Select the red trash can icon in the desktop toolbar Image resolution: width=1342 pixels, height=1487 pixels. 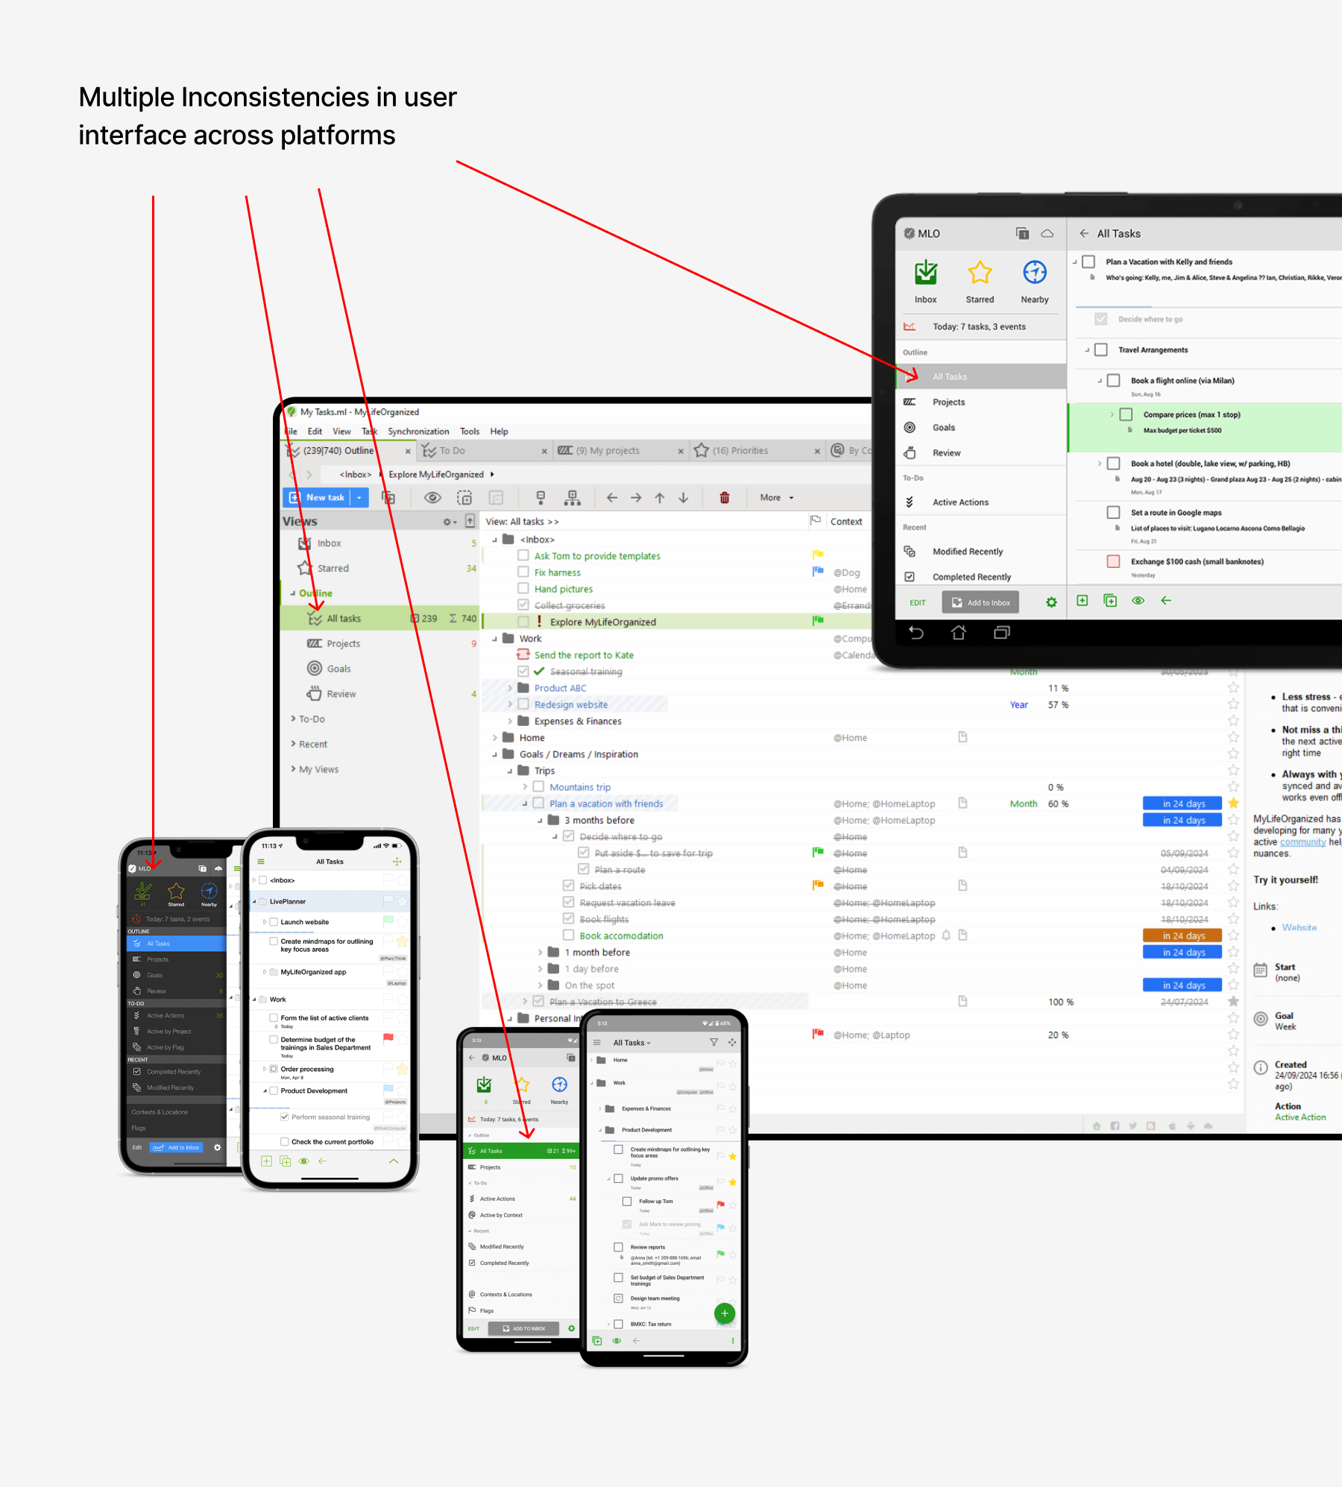pos(724,498)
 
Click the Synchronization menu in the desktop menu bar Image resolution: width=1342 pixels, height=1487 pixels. pos(418,432)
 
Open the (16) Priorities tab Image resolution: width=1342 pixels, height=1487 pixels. pos(740,451)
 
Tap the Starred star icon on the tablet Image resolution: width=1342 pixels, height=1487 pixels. pos(979,274)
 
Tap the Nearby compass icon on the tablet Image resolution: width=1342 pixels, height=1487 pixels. pos(1034,274)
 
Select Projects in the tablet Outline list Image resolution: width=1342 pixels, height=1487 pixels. pos(948,402)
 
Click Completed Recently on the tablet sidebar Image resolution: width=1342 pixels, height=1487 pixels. pos(971,577)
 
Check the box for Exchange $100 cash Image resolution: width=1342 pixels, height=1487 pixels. pos(1113,562)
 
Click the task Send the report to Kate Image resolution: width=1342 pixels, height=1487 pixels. pos(584,655)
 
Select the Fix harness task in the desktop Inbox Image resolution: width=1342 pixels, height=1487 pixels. pos(557,572)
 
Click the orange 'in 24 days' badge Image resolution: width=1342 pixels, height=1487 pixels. pos(1182,936)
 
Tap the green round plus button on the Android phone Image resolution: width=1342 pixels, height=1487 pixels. pos(724,1313)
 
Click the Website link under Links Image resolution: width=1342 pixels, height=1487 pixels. pos(1299,928)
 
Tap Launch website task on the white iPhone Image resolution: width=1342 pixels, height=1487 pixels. pos(304,922)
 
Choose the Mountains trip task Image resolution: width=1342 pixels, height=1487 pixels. pos(579,787)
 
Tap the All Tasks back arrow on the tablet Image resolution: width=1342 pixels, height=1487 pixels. pos(1083,233)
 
